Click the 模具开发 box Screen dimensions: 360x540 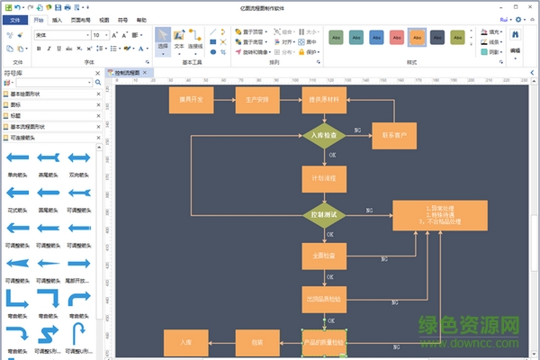191,99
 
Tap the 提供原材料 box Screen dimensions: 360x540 324,99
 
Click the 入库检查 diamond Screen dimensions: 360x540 324,136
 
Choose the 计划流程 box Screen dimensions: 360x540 324,178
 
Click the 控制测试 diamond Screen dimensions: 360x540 324,216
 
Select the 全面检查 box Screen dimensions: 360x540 324,256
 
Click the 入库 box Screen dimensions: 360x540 186,342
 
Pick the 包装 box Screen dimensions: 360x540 257,342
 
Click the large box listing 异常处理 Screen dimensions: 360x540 440,217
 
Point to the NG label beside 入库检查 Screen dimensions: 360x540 358,130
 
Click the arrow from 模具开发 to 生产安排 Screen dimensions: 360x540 224,99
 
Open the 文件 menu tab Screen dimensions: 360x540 14,18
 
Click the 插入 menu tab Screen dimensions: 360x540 58,18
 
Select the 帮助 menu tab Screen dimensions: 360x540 141,18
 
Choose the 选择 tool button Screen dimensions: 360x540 163,40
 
